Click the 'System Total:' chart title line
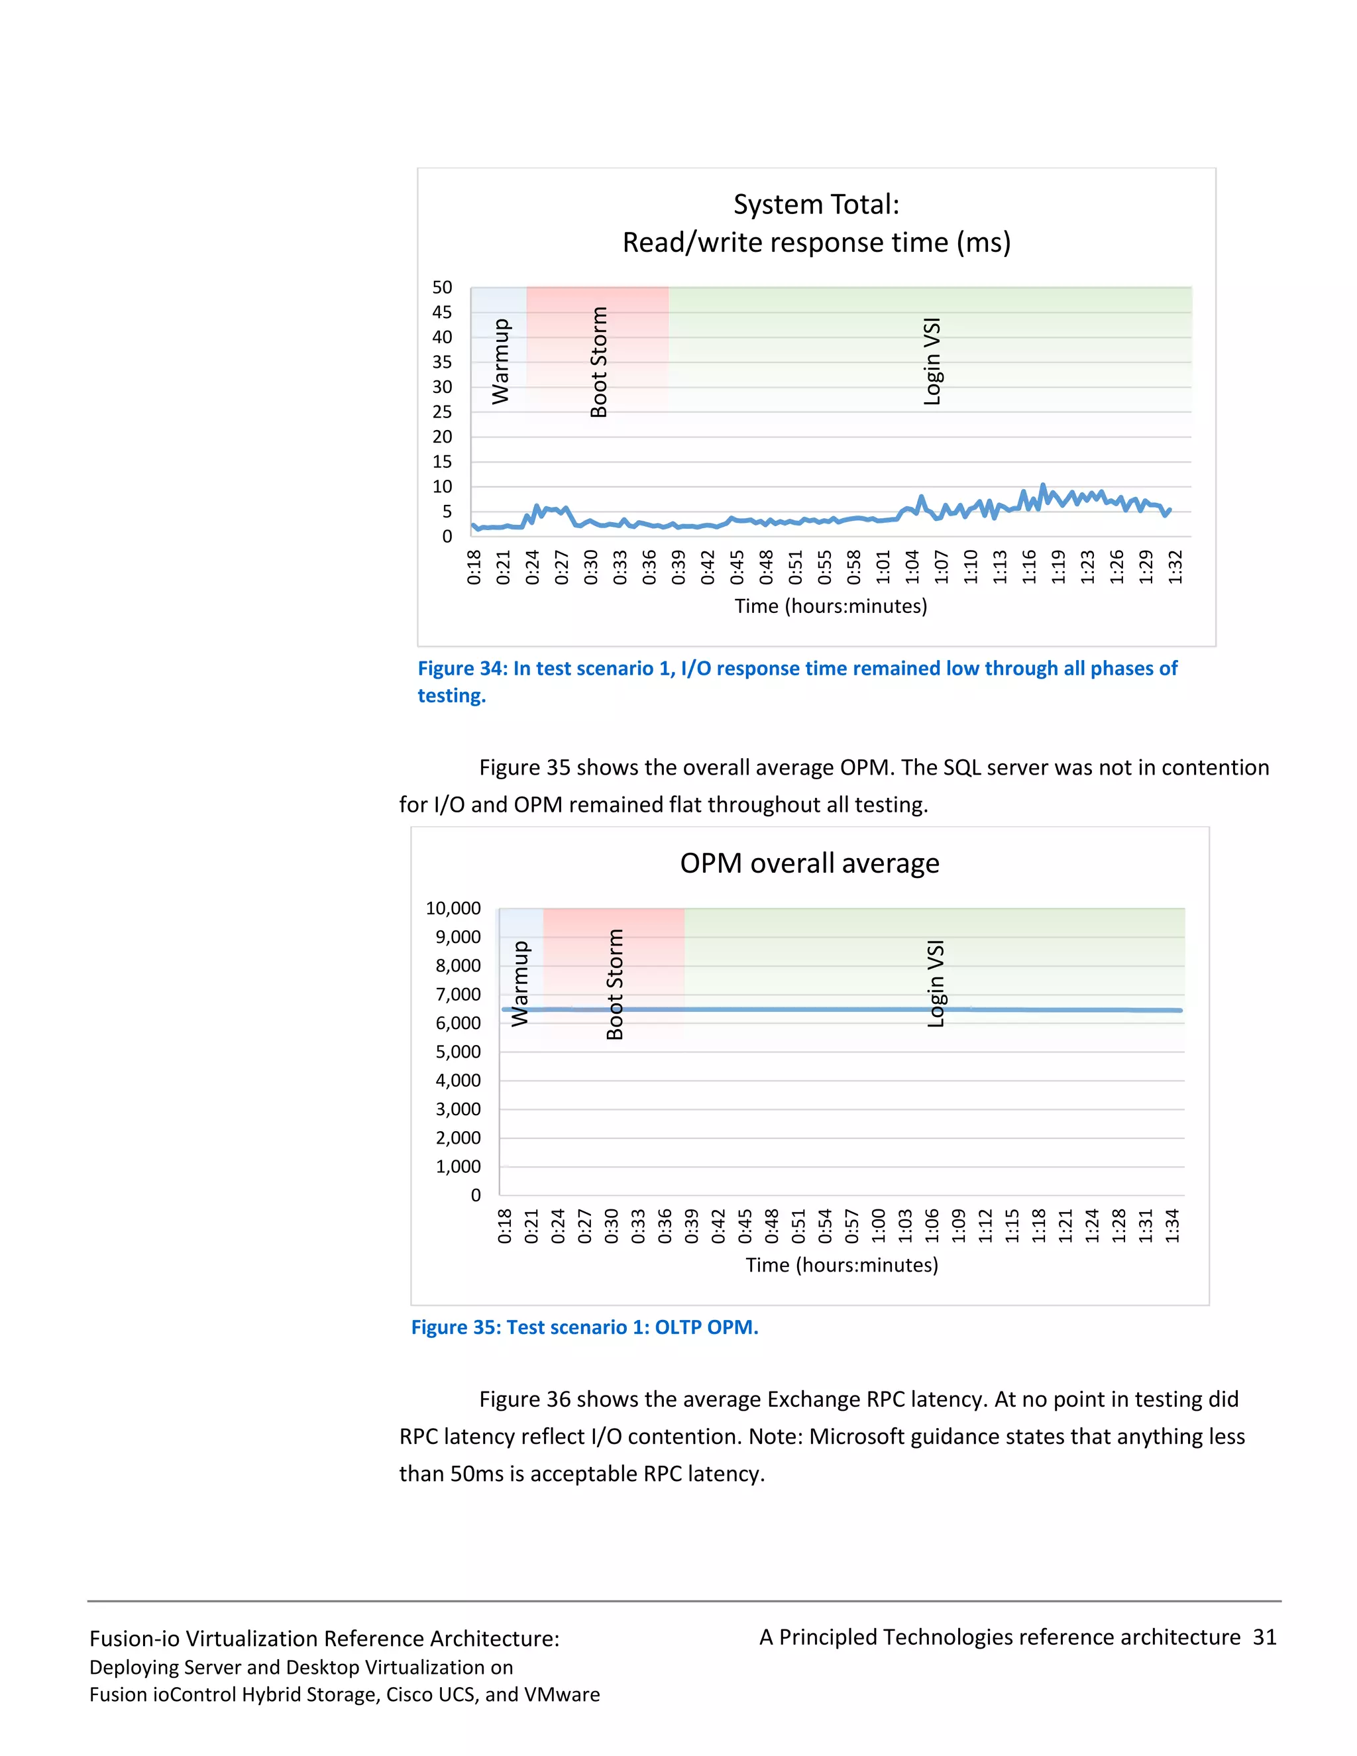tap(816, 205)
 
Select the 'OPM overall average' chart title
tap(810, 863)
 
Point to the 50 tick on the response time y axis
tap(442, 288)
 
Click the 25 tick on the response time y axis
tap(442, 412)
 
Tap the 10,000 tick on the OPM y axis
tap(453, 908)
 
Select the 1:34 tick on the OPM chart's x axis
tap(1172, 1226)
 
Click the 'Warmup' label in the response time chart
tap(500, 361)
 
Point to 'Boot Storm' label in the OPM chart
tap(615, 984)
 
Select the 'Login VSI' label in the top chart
tap(932, 362)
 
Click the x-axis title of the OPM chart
tap(841, 1265)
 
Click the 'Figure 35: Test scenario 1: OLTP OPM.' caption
tap(584, 1327)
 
